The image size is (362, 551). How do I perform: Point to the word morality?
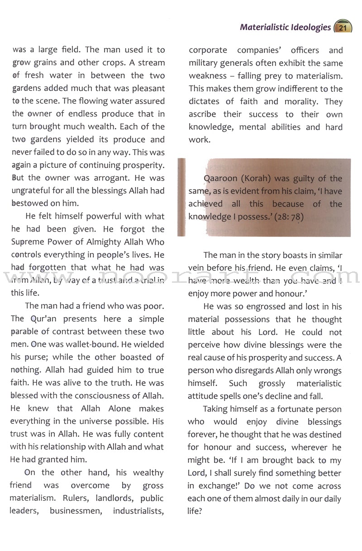(301, 101)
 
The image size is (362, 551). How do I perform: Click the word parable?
(25, 332)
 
